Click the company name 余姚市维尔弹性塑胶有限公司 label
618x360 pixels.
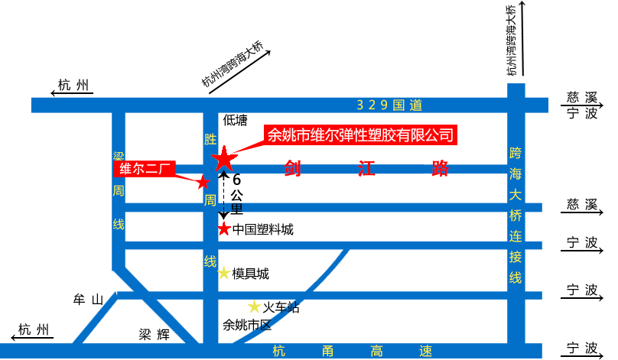coord(360,136)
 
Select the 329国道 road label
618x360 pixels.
coord(389,105)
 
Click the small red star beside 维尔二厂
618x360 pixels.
coord(202,182)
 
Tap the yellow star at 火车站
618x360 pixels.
coord(255,306)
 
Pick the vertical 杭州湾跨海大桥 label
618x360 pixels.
coord(512,40)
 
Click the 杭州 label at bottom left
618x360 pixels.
coord(34,330)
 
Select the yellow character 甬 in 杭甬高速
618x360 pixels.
coord(327,351)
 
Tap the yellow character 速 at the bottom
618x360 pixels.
coord(425,351)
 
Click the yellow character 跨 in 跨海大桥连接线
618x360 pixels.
coord(516,153)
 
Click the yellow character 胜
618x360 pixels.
coord(210,139)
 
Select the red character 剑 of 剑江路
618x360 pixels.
coord(292,169)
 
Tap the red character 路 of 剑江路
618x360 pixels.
coord(440,169)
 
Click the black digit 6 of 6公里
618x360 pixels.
coord(236,180)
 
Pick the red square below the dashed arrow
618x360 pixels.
coord(223,228)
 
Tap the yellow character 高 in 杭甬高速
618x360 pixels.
coord(376,351)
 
